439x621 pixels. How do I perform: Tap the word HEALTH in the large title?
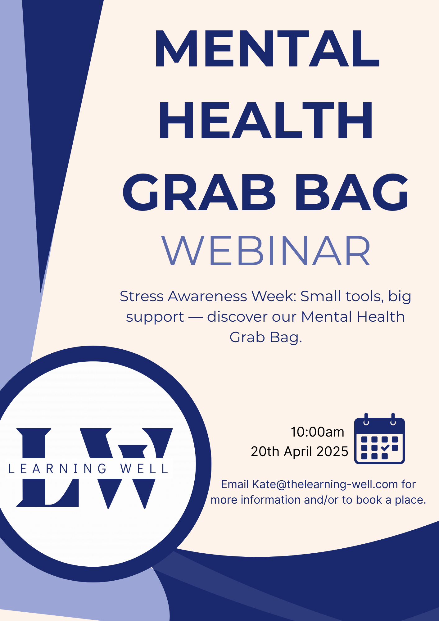[266, 120]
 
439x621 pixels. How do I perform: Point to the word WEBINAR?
[266, 251]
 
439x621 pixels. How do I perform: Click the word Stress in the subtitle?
[142, 297]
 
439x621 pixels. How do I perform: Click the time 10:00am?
[317, 432]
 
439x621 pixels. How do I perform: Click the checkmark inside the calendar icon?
[385, 448]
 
